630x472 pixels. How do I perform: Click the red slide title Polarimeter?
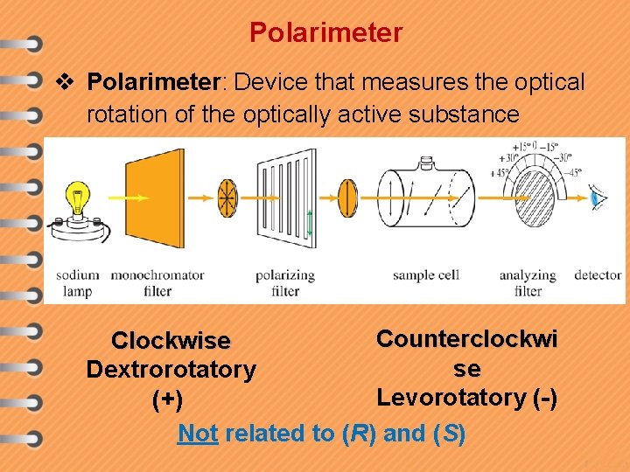(325, 33)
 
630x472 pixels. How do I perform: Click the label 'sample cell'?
(426, 275)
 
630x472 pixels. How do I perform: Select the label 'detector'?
(598, 275)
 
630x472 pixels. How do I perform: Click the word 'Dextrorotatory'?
(171, 370)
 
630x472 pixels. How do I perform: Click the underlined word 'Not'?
(198, 433)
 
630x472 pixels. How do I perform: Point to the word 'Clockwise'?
(171, 340)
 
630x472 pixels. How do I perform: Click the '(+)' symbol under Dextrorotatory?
(167, 399)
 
